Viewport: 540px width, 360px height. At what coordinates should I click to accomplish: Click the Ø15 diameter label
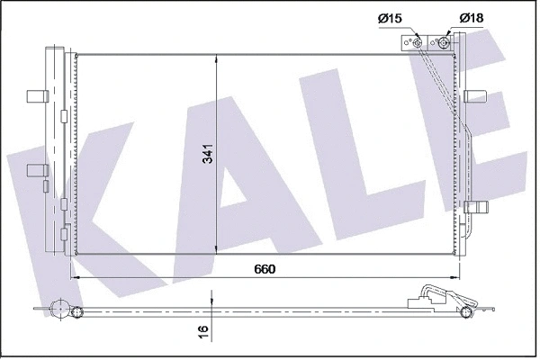390,18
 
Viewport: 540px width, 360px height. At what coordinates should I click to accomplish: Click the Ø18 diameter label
473,18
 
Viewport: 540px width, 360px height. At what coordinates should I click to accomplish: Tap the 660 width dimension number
264,269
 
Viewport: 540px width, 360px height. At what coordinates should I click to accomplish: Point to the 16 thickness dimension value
204,332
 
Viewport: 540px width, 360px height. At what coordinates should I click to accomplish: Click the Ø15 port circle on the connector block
418,40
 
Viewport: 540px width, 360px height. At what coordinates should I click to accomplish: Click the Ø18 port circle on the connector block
444,40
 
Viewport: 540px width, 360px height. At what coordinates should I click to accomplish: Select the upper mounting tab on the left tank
36,95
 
